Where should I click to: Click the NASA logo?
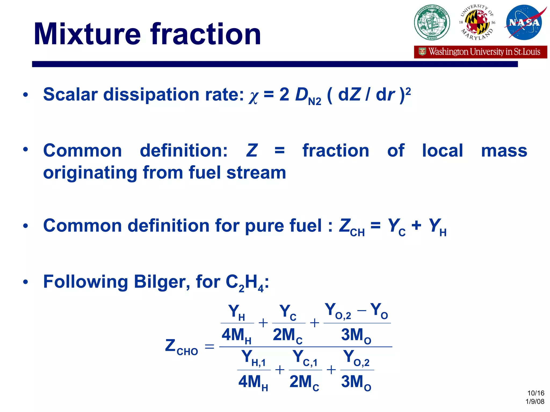click(x=524, y=23)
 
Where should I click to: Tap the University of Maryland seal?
click(x=477, y=23)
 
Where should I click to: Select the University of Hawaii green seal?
click(x=432, y=23)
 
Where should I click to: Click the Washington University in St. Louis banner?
click(x=480, y=52)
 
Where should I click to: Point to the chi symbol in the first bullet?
click(x=253, y=97)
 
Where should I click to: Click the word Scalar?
click(x=70, y=94)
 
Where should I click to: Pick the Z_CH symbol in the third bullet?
click(x=352, y=227)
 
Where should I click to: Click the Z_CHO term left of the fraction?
click(x=182, y=347)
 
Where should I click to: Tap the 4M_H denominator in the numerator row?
click(x=236, y=335)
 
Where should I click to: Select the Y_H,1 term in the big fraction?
click(x=254, y=358)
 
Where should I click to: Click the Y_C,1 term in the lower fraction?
click(x=305, y=358)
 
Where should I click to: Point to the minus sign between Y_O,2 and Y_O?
click(x=362, y=311)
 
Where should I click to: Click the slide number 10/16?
click(x=535, y=393)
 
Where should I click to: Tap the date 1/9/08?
click(x=535, y=401)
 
